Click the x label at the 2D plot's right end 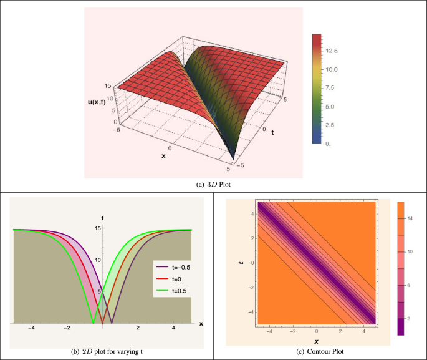[201, 323]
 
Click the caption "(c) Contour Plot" [320, 351]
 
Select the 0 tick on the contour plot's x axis [317, 330]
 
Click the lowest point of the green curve [93, 323]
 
